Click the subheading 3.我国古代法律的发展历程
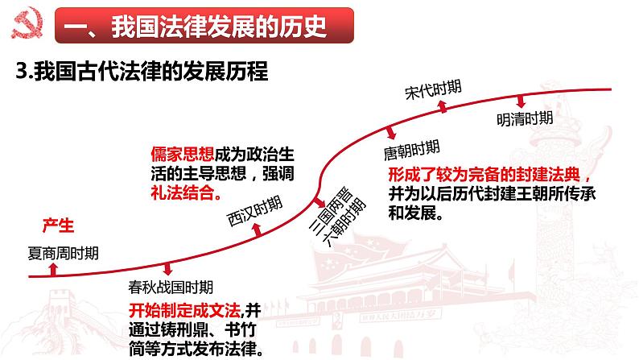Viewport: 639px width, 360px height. pos(142,72)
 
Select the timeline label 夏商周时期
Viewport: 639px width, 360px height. pos(64,252)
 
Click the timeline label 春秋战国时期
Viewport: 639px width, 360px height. pos(171,286)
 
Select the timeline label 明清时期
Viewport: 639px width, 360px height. pos(524,118)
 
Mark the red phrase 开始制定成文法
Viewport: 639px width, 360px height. pos(184,310)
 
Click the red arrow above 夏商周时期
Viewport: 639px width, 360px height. pos(54,270)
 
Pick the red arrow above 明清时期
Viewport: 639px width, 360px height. pos(522,101)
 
